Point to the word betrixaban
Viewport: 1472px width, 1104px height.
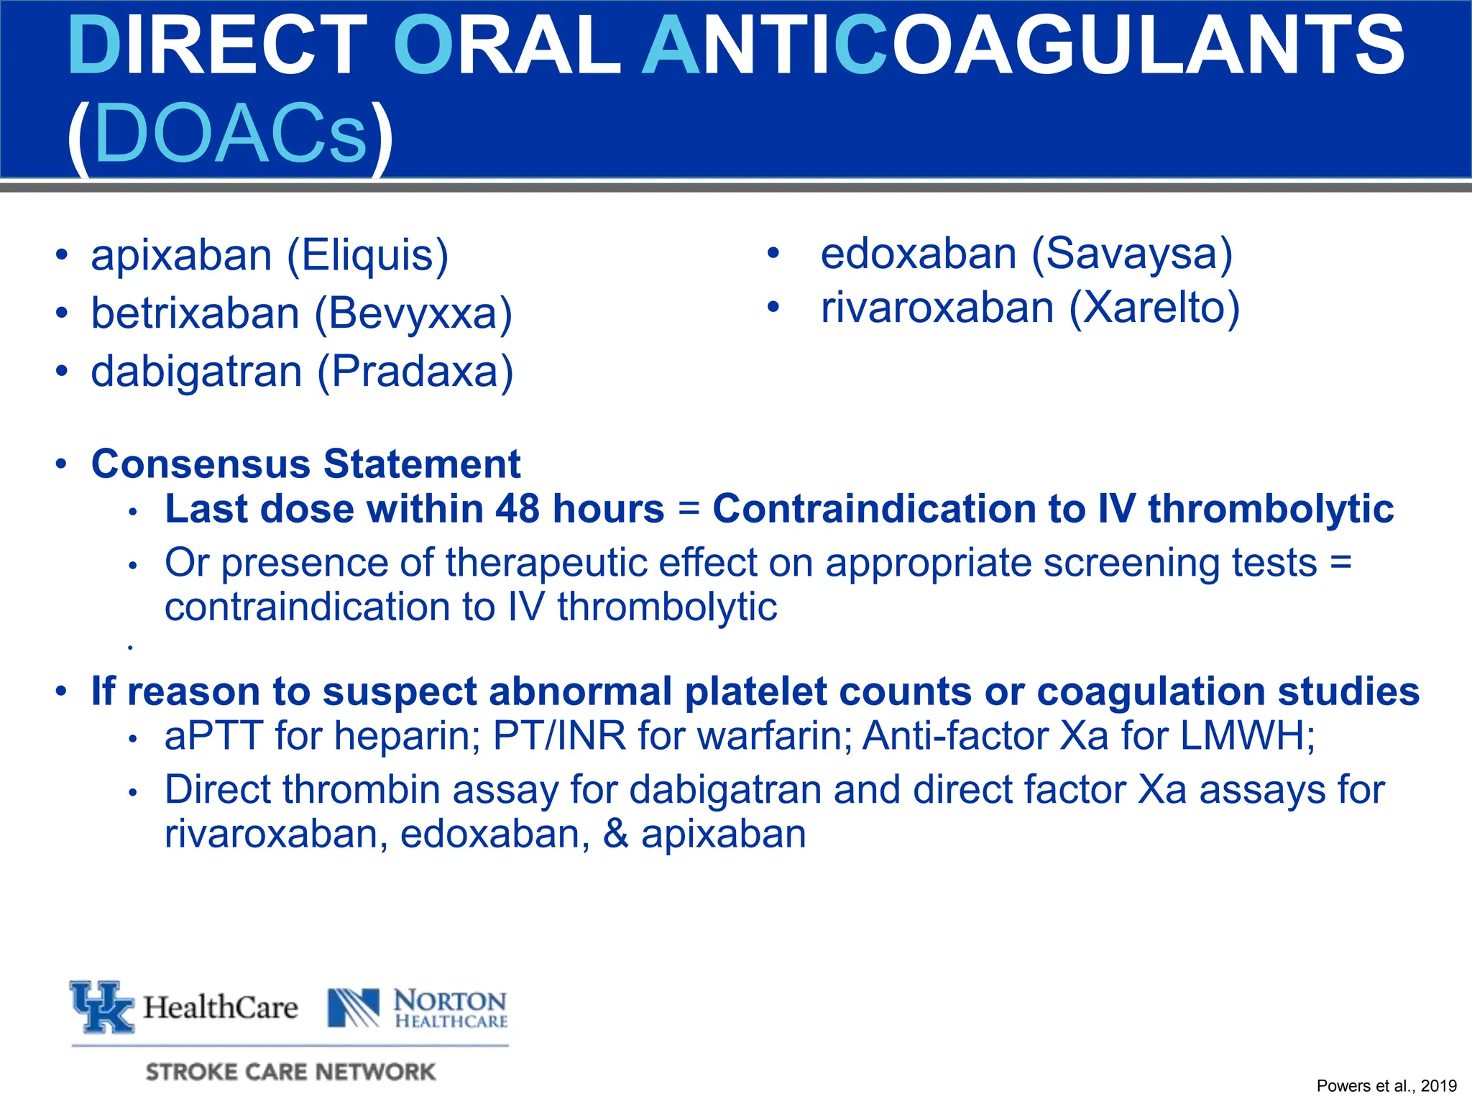point(195,314)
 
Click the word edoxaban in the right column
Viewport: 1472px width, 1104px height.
point(919,254)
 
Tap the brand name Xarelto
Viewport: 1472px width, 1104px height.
point(1154,308)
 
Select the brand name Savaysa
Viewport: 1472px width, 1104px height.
point(1132,254)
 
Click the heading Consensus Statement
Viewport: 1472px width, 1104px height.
point(305,464)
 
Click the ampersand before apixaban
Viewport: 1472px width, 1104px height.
point(615,835)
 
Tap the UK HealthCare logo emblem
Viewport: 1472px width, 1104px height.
point(102,1006)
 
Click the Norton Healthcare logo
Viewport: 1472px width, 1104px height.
point(417,1008)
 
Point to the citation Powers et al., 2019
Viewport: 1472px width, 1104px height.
point(1386,1086)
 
